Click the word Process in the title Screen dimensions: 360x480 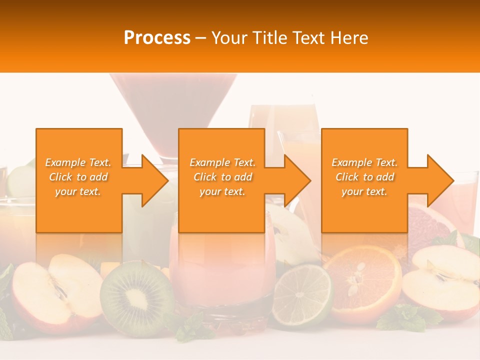click(x=157, y=38)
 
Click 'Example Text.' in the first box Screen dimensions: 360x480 click(x=78, y=162)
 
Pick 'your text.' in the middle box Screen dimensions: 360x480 click(x=222, y=191)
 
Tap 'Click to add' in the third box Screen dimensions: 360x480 click(x=365, y=177)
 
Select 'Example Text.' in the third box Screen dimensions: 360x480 click(x=365, y=162)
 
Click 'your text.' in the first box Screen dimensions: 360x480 click(x=78, y=191)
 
